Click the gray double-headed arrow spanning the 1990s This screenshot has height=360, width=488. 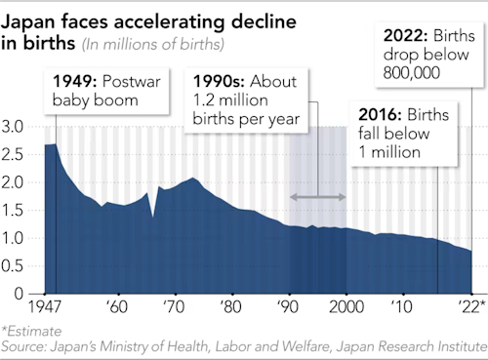click(x=318, y=198)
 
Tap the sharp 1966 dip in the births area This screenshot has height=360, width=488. click(x=152, y=216)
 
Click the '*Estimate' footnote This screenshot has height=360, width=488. click(x=29, y=331)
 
